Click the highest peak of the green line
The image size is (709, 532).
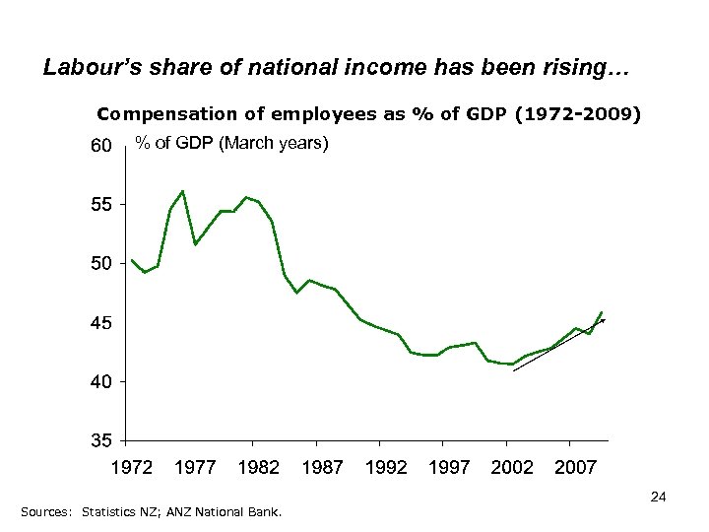pos(182,190)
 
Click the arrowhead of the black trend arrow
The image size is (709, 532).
pos(603,320)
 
